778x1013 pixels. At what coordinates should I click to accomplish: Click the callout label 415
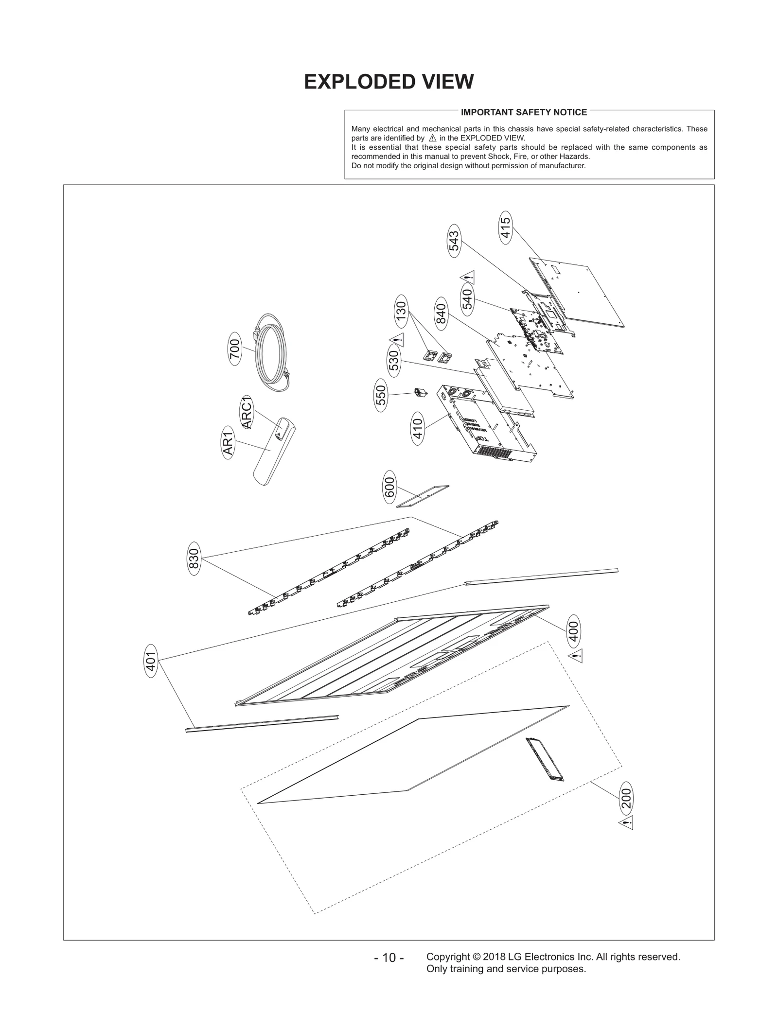(506, 227)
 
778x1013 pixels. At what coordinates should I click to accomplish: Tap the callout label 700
(234, 349)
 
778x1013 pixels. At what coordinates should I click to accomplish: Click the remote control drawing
(275, 451)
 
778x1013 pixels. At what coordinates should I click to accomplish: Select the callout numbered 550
(381, 395)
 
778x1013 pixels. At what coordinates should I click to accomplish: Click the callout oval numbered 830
(194, 559)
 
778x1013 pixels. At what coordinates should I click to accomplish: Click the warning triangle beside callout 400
(576, 657)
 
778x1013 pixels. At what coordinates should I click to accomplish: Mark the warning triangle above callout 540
(467, 278)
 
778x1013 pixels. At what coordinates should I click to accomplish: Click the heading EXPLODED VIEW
(389, 82)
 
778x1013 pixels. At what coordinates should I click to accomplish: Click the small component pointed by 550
(420, 392)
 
